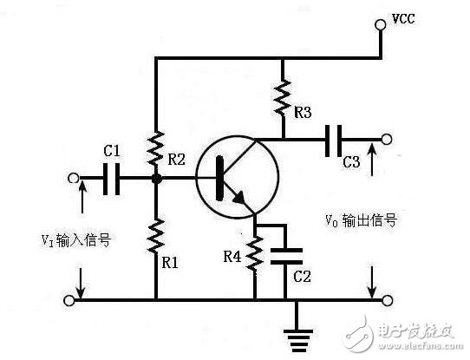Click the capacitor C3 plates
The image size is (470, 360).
pos(334,139)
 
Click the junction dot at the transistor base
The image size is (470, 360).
pos(157,180)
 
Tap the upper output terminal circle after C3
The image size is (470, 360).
pos(387,139)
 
